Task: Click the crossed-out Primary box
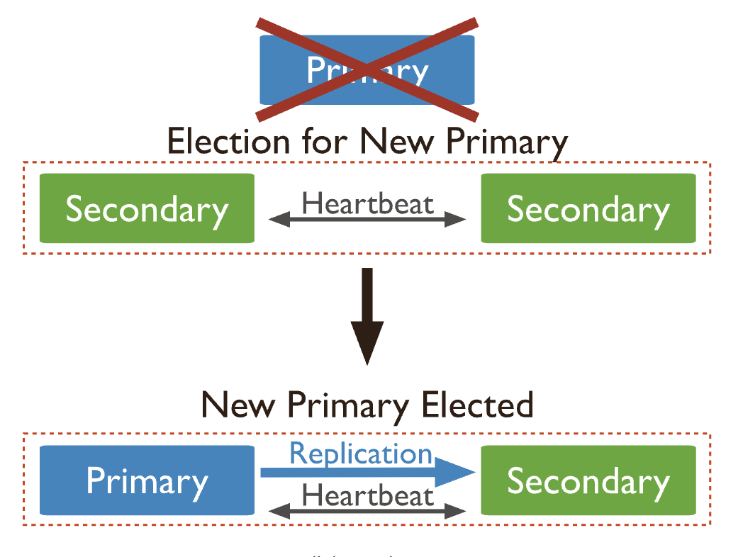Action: (367, 69)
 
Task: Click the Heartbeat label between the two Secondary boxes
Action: (367, 203)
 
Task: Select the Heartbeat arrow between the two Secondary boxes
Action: (367, 220)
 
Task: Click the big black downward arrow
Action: (367, 298)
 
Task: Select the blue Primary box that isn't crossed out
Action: (147, 480)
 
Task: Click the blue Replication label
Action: (361, 453)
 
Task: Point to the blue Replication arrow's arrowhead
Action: (454, 473)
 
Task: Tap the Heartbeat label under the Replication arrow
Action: (367, 494)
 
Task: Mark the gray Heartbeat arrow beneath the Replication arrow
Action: (367, 510)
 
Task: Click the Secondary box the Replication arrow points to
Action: (588, 480)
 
